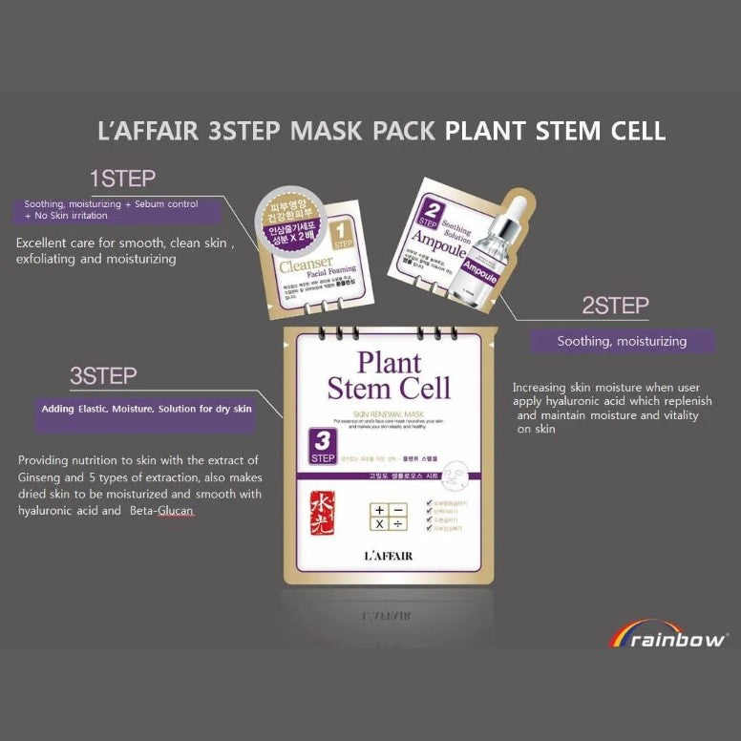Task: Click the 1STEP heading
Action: click(122, 179)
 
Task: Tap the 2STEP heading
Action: click(615, 306)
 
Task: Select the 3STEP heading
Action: click(103, 376)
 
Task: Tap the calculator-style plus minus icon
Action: click(391, 517)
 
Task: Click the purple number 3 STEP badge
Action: click(323, 447)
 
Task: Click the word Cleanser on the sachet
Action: click(305, 262)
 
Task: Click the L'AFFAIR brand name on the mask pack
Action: click(389, 556)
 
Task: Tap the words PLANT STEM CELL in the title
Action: click(555, 131)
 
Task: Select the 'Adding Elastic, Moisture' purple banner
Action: click(146, 409)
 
